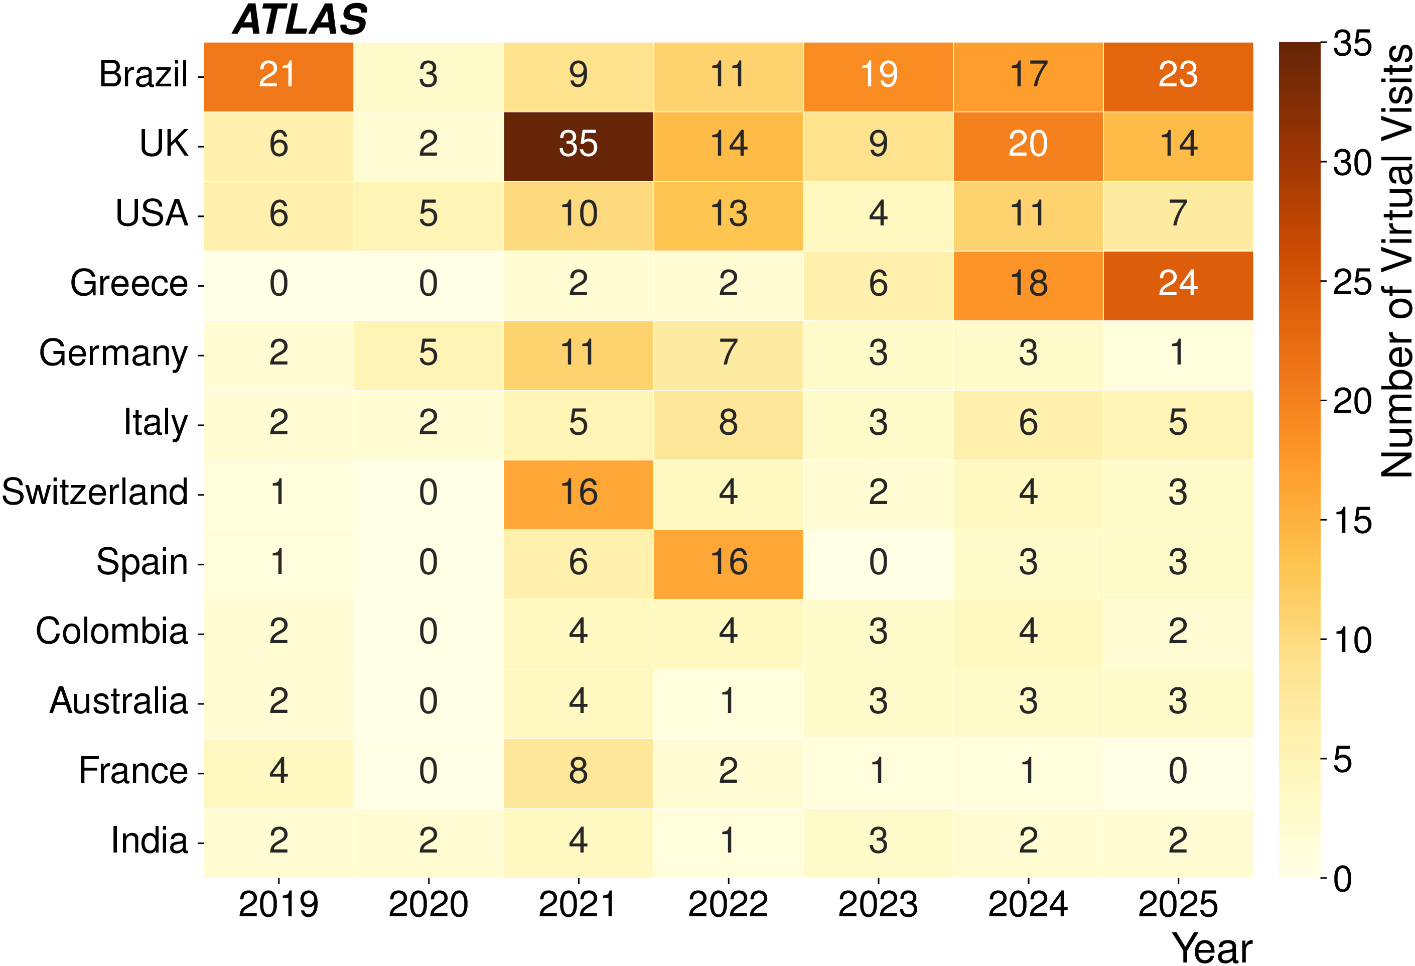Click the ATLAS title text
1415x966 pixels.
click(x=300, y=20)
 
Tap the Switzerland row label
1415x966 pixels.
click(x=95, y=492)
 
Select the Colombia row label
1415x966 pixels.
click(x=112, y=631)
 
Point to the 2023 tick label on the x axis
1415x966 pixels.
click(x=878, y=904)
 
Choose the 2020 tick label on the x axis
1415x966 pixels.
click(x=428, y=904)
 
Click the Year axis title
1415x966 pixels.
click(x=1212, y=948)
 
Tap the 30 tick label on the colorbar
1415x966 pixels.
click(x=1352, y=163)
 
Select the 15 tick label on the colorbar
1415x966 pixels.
click(x=1352, y=521)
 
